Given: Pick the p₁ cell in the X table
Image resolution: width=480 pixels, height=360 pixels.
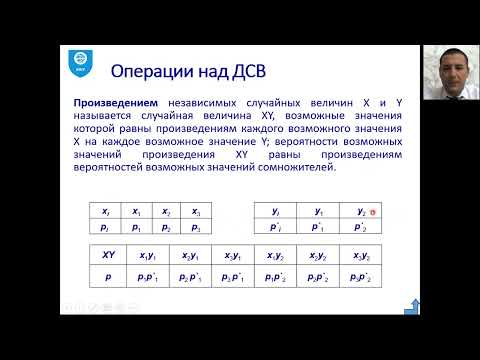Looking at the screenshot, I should point(135,228).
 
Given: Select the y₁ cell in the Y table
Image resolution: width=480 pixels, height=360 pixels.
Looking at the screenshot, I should point(318,212).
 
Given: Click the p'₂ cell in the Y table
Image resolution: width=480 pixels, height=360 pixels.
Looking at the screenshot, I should point(362,228).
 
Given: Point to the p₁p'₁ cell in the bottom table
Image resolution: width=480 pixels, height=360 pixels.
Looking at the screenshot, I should point(150,274).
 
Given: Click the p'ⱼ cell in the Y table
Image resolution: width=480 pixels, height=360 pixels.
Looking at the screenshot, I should point(276,228).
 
